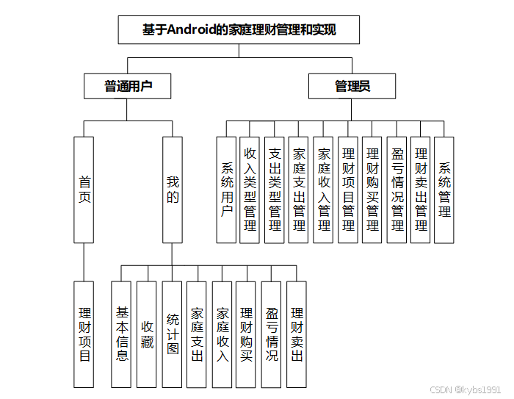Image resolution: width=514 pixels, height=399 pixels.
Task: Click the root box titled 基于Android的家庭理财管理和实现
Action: click(239, 30)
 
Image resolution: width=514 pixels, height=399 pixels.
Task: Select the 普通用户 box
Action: click(128, 86)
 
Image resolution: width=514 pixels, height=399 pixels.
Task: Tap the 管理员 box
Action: click(352, 86)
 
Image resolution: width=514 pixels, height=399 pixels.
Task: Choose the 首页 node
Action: click(84, 190)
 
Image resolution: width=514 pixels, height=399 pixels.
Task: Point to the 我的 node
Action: click(173, 190)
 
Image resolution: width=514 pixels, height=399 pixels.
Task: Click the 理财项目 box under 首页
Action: click(84, 334)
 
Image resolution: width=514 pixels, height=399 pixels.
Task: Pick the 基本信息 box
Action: click(121, 334)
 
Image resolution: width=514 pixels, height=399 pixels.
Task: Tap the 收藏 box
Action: click(147, 334)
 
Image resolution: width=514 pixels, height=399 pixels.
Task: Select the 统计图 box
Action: click(173, 334)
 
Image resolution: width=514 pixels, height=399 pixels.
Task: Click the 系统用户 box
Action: click(226, 190)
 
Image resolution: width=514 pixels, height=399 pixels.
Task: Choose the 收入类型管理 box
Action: click(250, 190)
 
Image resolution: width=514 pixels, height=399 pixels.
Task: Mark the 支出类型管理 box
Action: click(275, 190)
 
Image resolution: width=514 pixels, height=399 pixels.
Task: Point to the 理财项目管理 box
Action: click(347, 190)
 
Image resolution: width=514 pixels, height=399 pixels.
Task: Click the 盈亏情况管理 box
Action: click(397, 190)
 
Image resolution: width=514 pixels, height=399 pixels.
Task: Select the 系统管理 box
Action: click(444, 190)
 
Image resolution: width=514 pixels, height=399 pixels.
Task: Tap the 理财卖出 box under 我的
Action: click(297, 334)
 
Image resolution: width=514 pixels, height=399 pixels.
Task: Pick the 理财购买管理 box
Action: click(372, 190)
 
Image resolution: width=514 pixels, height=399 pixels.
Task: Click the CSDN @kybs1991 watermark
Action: click(466, 389)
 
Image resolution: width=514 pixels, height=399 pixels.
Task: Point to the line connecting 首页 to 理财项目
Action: click(84, 262)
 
